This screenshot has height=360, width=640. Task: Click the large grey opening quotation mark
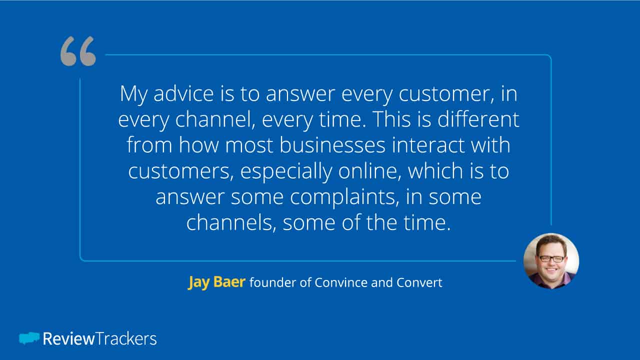[78, 51]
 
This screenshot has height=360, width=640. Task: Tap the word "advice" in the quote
[183, 93]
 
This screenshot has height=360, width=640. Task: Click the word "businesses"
[332, 145]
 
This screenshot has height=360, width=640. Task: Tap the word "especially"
[286, 171]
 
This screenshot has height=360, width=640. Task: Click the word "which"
[435, 170]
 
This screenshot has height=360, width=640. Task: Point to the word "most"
[249, 145]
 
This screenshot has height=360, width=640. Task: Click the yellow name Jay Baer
[216, 282]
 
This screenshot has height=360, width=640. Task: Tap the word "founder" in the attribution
[272, 282]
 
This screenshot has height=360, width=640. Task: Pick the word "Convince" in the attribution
[341, 282]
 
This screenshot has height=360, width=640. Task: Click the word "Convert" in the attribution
[419, 282]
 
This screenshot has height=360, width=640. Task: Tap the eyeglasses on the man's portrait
[551, 259]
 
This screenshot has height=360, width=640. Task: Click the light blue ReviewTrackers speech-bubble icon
[29, 338]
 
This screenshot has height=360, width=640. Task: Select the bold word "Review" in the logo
[68, 339]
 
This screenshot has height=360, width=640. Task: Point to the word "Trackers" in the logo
[126, 339]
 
